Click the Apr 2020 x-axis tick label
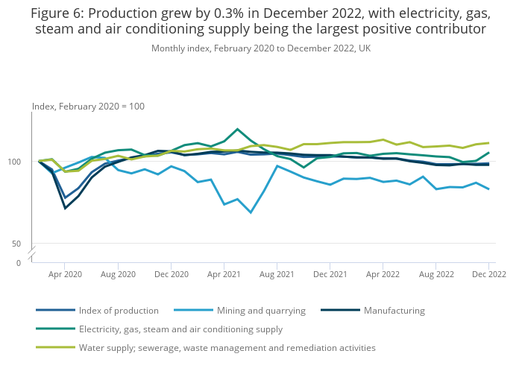click(x=65, y=274)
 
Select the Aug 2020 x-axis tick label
click(x=118, y=274)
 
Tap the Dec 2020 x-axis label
click(x=171, y=274)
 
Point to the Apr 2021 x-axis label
click(x=224, y=274)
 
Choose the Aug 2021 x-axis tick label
click(x=277, y=274)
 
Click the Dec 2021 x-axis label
click(x=330, y=274)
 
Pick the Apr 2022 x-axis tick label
click(x=383, y=274)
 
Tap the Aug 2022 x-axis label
click(x=435, y=274)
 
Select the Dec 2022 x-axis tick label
click(x=488, y=274)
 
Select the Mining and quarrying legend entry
click(x=260, y=311)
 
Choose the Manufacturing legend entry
click(x=394, y=311)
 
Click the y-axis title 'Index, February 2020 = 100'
click(x=88, y=107)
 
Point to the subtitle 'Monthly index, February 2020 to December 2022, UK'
click(x=261, y=48)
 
